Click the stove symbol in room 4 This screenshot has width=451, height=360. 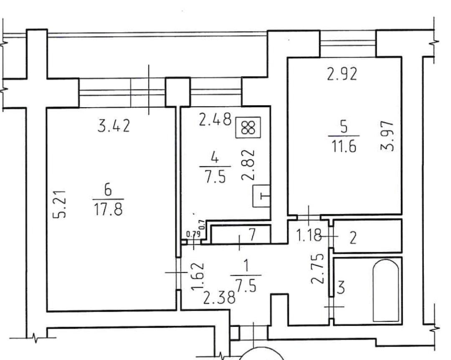pyautogui.click(x=248, y=127)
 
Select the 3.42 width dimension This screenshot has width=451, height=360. pyautogui.click(x=114, y=126)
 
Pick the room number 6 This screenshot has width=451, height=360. pyautogui.click(x=108, y=190)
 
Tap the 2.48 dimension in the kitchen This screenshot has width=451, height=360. pyautogui.click(x=215, y=119)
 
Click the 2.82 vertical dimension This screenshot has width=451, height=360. pyautogui.click(x=248, y=165)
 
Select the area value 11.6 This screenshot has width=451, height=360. pyautogui.click(x=344, y=146)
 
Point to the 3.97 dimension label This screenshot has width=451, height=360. pyautogui.click(x=387, y=136)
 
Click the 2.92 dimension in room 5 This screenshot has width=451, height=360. pyautogui.click(x=342, y=74)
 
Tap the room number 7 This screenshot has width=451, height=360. pyautogui.click(x=252, y=235)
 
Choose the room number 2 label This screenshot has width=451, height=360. pyautogui.click(x=353, y=238)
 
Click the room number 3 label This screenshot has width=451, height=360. pyautogui.click(x=341, y=288)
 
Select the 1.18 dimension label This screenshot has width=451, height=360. pyautogui.click(x=308, y=236)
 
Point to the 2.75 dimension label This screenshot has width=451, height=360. pyautogui.click(x=318, y=268)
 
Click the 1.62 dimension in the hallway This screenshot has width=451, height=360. pyautogui.click(x=198, y=276)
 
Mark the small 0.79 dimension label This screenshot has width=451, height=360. pyautogui.click(x=193, y=234)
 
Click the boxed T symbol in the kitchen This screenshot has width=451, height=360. pyautogui.click(x=261, y=196)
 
